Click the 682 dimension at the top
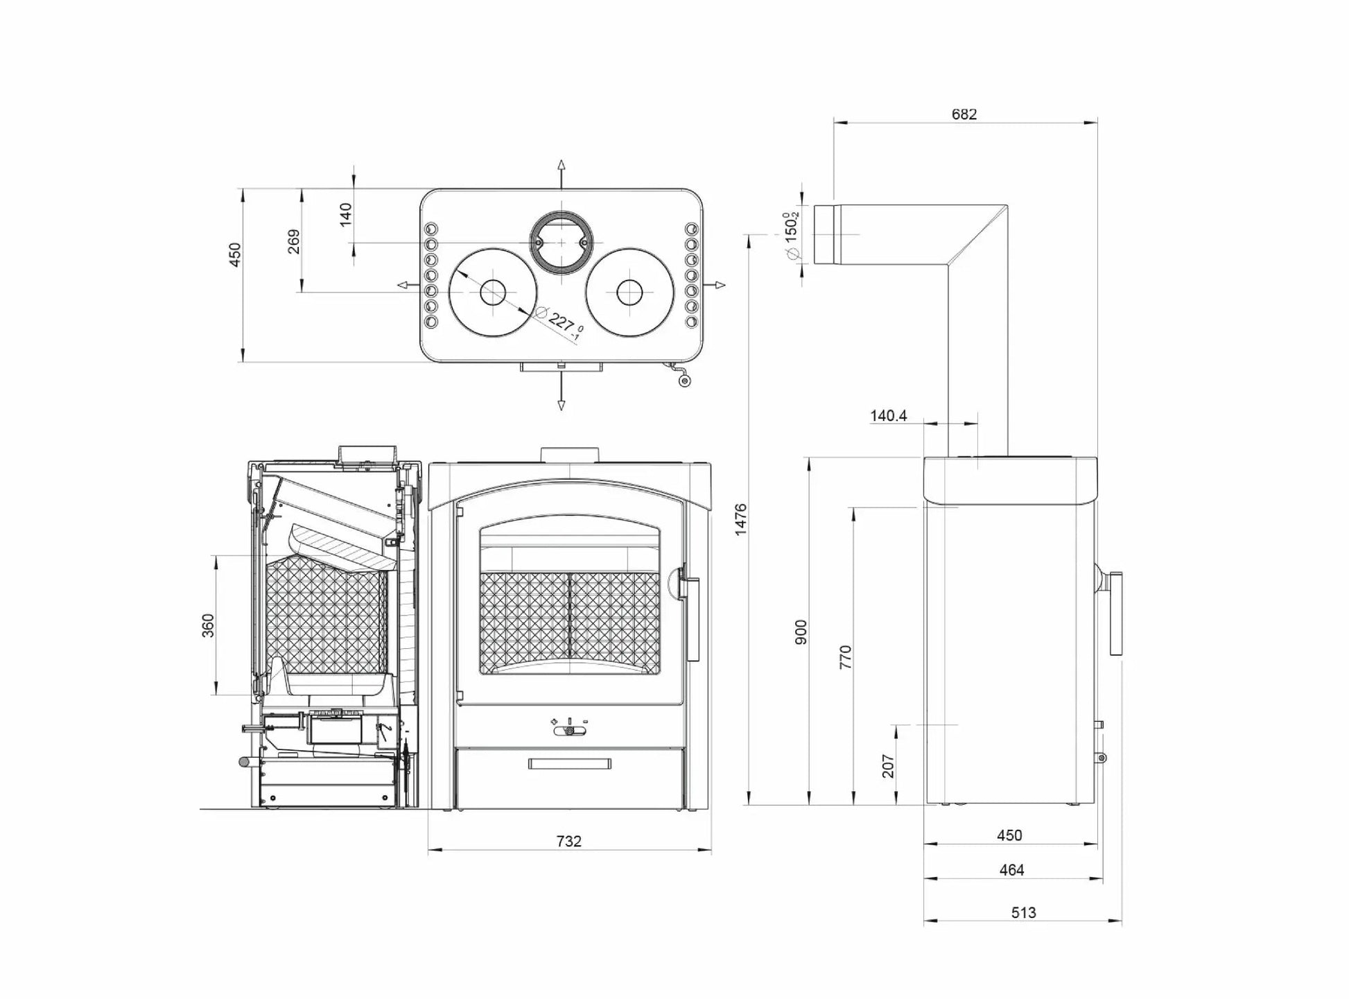point(964,114)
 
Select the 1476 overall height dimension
point(740,519)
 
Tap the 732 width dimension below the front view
point(568,841)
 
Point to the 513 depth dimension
point(1023,912)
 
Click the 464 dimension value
point(1011,870)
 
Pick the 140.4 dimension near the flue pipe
point(888,416)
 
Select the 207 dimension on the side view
point(888,765)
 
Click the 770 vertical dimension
point(845,657)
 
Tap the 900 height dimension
point(801,632)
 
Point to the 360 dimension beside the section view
point(208,625)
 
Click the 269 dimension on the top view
point(294,241)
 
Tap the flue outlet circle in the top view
point(561,241)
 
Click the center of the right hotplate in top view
point(629,293)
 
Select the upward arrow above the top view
point(561,166)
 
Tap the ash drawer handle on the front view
point(569,764)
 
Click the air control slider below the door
point(569,731)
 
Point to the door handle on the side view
point(1115,614)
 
